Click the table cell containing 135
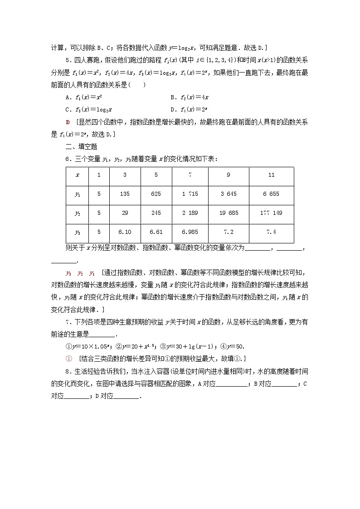(125, 194)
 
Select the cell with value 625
(156, 194)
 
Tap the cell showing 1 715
(190, 194)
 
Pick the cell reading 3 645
(229, 194)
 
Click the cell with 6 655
(271, 194)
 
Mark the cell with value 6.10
(125, 232)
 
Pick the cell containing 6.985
(190, 232)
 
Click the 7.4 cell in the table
(271, 232)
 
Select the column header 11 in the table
(271, 175)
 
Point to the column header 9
(229, 175)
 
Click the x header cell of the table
(78, 175)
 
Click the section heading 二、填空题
(81, 146)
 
